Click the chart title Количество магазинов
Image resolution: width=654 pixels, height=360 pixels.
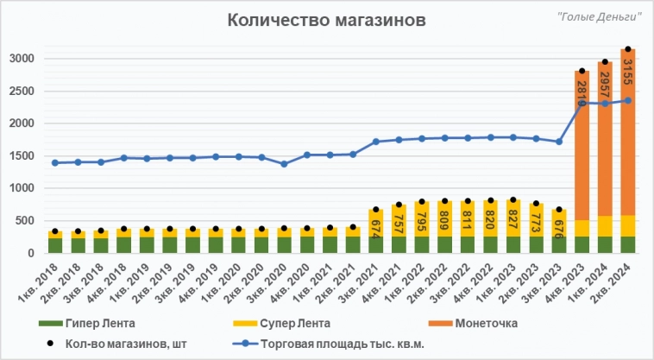click(326, 21)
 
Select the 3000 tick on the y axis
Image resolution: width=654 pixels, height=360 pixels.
click(22, 59)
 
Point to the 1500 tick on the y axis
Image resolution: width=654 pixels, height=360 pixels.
click(22, 156)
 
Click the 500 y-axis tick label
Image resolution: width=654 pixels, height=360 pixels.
click(26, 221)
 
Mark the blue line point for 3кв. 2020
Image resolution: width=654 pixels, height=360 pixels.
click(284, 164)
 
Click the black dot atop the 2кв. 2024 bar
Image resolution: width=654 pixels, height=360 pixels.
click(628, 49)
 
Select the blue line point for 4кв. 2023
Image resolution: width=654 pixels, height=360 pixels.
click(582, 103)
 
